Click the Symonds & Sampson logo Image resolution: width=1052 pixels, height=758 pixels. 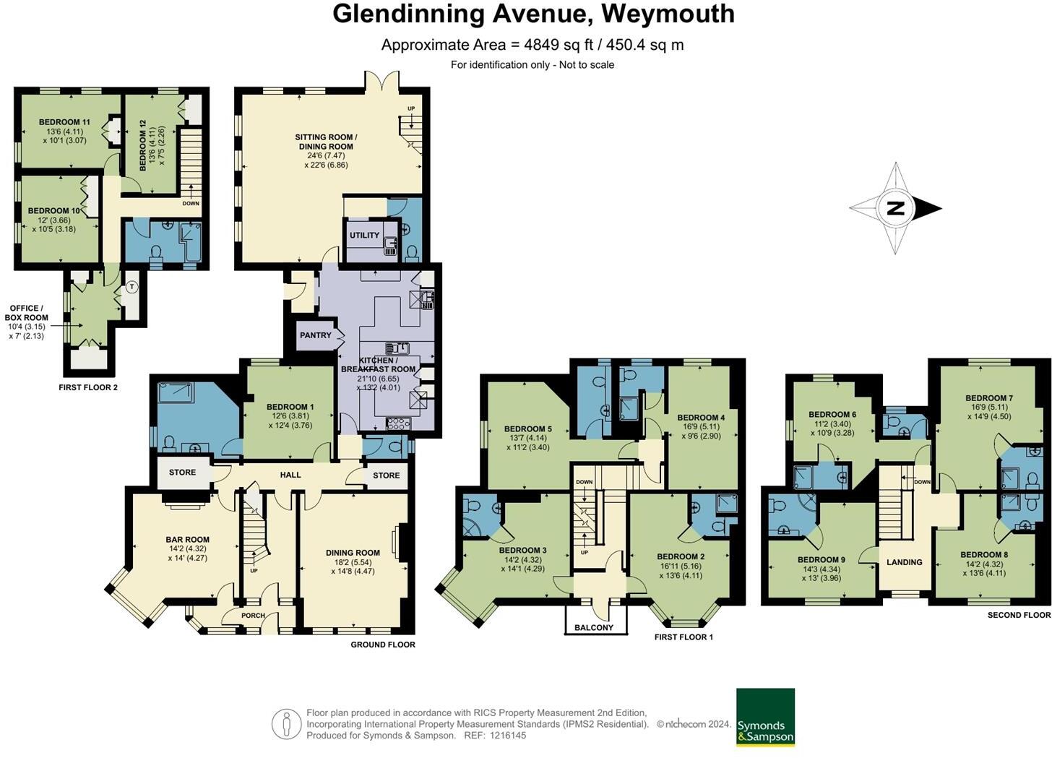765,717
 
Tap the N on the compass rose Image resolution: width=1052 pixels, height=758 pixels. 895,209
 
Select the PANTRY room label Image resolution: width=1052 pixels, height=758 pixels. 316,335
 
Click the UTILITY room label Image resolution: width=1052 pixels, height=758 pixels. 364,236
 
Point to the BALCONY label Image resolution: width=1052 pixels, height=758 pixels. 594,627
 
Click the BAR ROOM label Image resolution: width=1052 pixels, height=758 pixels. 187,540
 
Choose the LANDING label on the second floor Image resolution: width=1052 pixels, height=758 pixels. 904,562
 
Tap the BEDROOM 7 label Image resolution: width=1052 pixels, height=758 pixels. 988,398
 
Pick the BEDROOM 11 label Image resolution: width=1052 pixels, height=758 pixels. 64,123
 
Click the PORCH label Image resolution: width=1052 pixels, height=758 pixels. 253,616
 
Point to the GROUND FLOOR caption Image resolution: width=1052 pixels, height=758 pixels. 383,645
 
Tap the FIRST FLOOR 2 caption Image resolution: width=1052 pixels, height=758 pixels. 88,387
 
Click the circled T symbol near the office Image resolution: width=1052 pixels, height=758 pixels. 131,287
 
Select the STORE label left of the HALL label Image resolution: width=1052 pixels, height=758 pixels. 182,473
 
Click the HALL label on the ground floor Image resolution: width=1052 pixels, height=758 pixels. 290,475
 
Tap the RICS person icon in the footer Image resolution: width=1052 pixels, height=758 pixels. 286,724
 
